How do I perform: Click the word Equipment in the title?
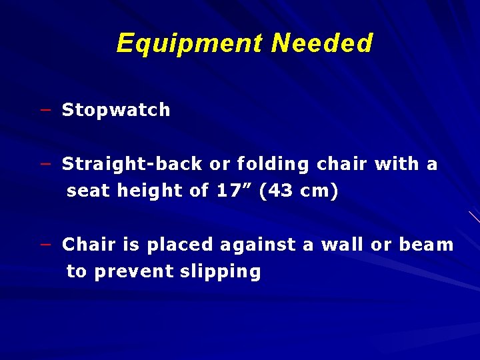coord(190,43)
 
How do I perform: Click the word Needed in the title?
coord(322,43)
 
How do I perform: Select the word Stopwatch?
coord(116,110)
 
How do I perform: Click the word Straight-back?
coord(132,164)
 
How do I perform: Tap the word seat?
coord(89,191)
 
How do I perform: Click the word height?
coord(151,191)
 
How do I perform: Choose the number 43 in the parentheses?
coord(281,191)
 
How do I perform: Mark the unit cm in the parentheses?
coord(317,191)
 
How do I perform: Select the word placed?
coord(177,245)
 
